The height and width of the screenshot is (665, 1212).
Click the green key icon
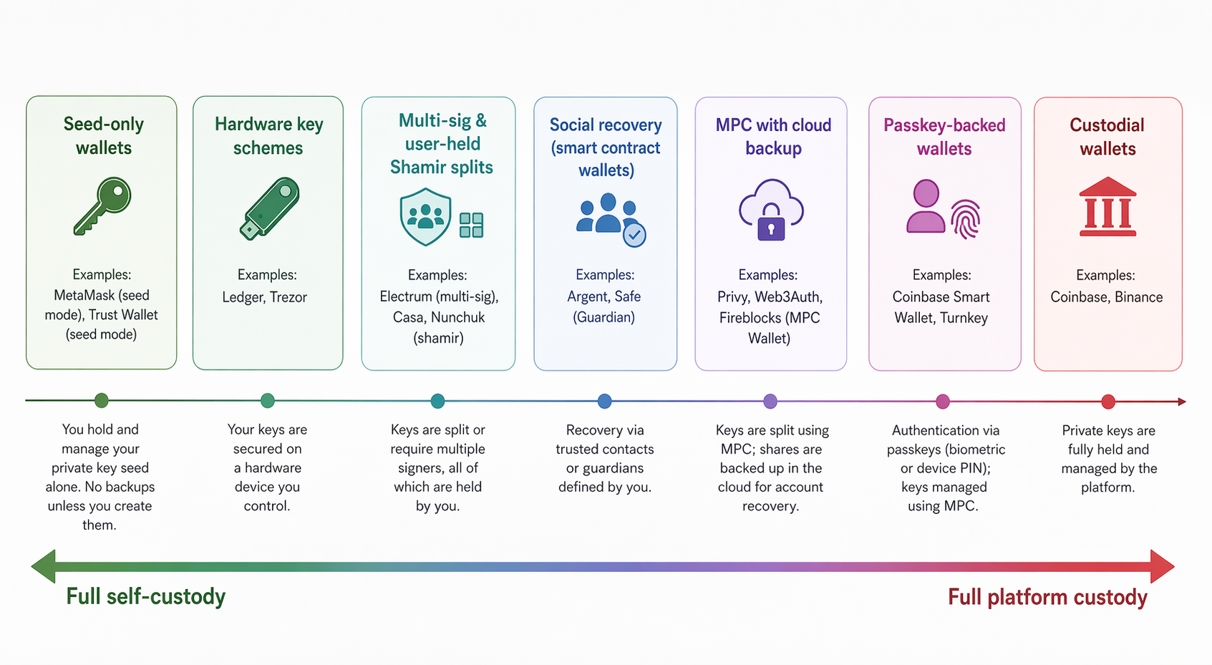(x=102, y=206)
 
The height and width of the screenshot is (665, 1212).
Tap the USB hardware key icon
(x=269, y=208)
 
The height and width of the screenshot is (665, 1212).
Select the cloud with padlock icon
(x=771, y=210)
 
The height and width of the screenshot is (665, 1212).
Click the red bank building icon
(x=1107, y=208)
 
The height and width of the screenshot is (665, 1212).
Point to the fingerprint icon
(x=965, y=219)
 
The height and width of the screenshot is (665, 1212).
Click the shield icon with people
(x=425, y=216)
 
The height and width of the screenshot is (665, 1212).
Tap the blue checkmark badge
(x=634, y=235)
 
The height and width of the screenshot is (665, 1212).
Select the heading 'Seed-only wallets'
(x=104, y=136)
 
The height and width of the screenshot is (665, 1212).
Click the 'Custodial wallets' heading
(x=1107, y=137)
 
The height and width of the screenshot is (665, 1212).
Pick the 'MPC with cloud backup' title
(x=773, y=136)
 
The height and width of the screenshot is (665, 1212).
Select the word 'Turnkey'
(x=964, y=318)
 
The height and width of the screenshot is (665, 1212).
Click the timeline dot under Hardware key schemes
(x=268, y=401)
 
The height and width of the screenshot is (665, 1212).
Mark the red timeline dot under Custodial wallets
(x=1108, y=402)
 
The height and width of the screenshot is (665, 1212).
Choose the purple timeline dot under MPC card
(x=770, y=402)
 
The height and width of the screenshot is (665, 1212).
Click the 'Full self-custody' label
(x=146, y=596)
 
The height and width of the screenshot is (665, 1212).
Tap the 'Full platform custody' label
(x=1047, y=597)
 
